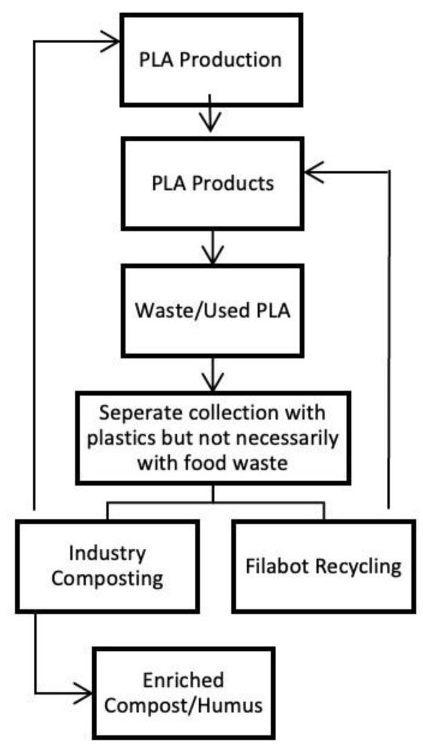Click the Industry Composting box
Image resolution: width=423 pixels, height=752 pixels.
tap(107, 566)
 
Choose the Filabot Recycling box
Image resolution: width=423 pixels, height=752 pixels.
tap(323, 566)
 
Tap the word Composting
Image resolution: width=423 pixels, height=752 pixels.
tap(107, 579)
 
